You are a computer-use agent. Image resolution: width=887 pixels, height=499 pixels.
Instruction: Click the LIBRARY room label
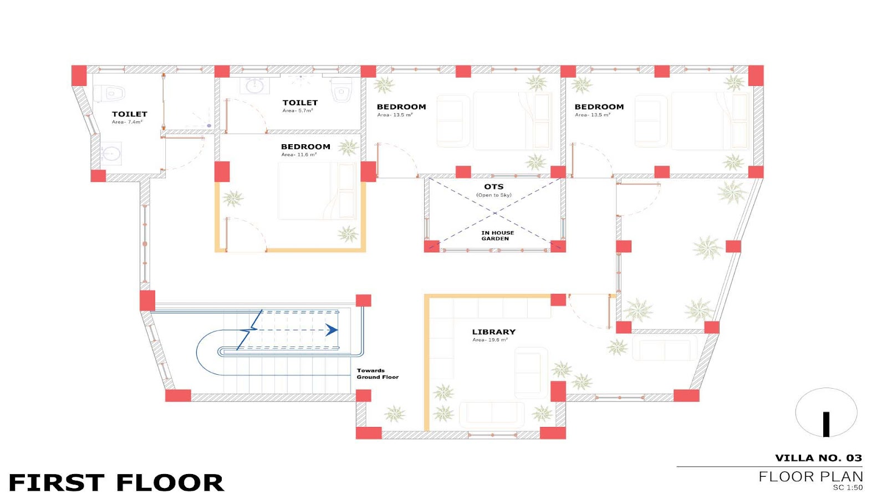(x=493, y=332)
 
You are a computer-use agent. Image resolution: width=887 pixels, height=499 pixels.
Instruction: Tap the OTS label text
(x=494, y=186)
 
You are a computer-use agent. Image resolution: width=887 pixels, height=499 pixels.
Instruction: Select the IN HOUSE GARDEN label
(x=497, y=236)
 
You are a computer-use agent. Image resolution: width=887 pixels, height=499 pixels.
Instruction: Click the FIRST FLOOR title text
(x=116, y=482)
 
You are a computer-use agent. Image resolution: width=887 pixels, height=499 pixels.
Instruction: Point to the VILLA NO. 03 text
(x=818, y=458)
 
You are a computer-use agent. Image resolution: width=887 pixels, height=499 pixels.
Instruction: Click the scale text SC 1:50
(x=848, y=487)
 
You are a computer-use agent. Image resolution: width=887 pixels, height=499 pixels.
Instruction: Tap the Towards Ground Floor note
(x=378, y=374)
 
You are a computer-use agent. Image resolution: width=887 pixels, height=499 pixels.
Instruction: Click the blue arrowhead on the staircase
(x=332, y=329)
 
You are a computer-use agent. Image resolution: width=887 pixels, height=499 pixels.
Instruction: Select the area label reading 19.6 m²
(x=490, y=340)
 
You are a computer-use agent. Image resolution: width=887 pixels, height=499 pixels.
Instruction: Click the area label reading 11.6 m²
(x=299, y=155)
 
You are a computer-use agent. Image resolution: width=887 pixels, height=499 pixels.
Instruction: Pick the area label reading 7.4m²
(x=127, y=122)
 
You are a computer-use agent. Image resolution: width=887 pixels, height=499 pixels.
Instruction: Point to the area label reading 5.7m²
(x=297, y=110)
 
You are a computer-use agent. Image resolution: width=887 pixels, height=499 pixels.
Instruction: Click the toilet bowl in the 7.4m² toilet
(x=109, y=94)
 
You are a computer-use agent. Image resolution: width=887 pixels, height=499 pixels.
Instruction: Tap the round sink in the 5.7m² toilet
(x=254, y=85)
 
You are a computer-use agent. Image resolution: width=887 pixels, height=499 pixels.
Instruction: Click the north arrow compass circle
(x=826, y=413)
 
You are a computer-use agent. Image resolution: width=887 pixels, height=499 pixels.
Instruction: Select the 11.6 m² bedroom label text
(x=305, y=146)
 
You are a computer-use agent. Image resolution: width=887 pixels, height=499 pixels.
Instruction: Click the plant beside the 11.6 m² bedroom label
(x=349, y=147)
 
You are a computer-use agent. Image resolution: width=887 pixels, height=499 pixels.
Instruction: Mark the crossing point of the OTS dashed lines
(x=495, y=213)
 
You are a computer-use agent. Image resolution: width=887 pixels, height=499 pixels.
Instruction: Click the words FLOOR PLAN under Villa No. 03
(x=810, y=476)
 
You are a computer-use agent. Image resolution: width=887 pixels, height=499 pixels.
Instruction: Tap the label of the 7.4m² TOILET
(x=129, y=114)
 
